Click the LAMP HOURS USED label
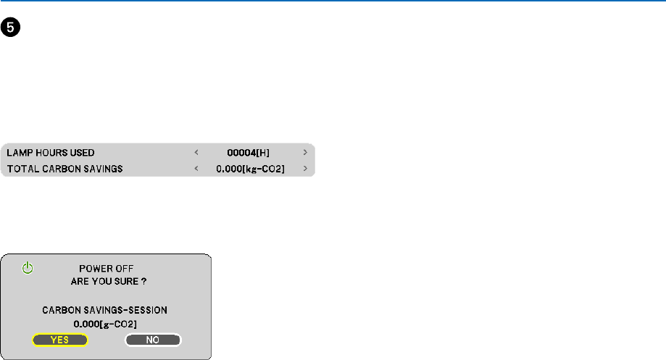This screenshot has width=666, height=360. tap(51, 153)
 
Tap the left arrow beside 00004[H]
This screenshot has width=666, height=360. tap(196, 153)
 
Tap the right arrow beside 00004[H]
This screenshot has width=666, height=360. tap(305, 153)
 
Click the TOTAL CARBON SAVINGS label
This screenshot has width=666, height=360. tap(64, 169)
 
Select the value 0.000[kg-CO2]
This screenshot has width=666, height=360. tap(250, 169)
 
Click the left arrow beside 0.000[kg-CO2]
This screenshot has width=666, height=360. tap(196, 169)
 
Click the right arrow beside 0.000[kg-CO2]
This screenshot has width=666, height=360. tap(305, 169)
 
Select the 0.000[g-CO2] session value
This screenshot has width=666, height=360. tap(105, 322)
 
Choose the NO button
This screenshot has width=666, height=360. tap(152, 339)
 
